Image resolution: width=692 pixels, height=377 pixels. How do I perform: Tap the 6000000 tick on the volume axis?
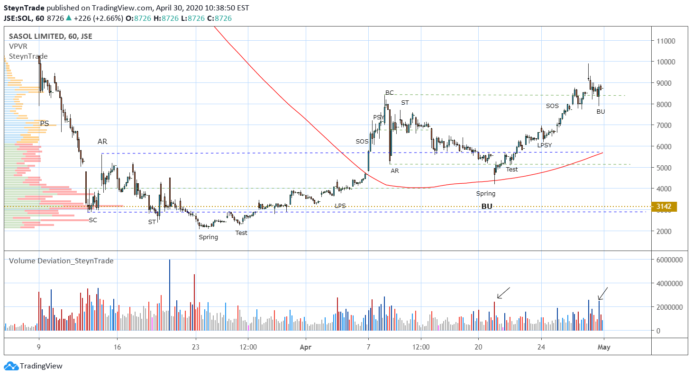point(669,260)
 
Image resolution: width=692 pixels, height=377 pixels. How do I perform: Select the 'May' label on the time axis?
point(604,347)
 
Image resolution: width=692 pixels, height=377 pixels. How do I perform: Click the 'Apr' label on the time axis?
point(306,347)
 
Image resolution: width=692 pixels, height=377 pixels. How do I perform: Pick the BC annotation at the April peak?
point(390,92)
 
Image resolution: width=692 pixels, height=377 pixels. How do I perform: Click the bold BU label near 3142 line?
point(487,206)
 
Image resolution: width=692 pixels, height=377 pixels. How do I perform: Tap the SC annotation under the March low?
point(93,220)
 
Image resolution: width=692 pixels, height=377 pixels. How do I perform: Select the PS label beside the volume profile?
point(45,123)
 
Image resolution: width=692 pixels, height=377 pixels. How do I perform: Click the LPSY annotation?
point(545,145)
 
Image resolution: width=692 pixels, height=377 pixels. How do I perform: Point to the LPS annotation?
point(340,206)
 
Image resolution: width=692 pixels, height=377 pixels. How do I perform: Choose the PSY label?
point(378,117)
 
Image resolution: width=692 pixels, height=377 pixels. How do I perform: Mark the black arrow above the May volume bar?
point(603,293)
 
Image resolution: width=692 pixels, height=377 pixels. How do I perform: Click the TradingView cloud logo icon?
point(12,366)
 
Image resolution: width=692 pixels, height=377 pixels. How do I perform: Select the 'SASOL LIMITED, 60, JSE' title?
point(51,36)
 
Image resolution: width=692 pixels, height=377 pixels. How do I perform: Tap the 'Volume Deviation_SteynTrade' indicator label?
point(61,261)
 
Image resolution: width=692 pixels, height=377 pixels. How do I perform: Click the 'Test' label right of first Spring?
point(241,233)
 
